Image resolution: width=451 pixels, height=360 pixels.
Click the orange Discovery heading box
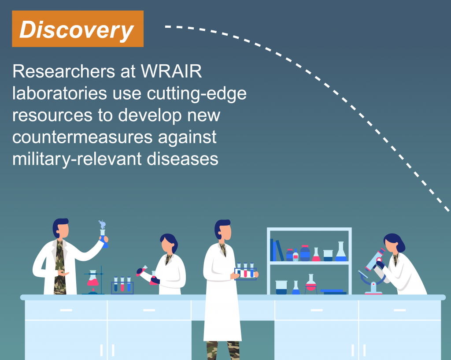pyautogui.click(x=78, y=29)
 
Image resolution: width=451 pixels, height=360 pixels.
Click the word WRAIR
pyautogui.click(x=171, y=71)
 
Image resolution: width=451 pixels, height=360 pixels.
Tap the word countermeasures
pyautogui.click(x=82, y=137)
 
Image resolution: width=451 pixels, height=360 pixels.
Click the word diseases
pyautogui.click(x=182, y=159)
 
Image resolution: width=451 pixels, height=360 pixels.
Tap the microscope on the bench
pyautogui.click(x=372, y=271)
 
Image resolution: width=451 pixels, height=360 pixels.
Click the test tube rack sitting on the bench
pyautogui.click(x=122, y=285)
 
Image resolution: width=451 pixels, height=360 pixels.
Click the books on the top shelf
pyautogui.click(x=277, y=250)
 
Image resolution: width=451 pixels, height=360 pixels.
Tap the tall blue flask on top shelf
pyautogui.click(x=341, y=252)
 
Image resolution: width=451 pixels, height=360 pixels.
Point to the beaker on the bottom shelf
pyautogui.click(x=281, y=287)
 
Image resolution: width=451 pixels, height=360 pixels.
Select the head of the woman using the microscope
pyautogui.click(x=393, y=243)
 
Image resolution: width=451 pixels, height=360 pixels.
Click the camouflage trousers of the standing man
pyautogui.click(x=223, y=350)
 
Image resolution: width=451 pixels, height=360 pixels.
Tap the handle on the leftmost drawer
pyautogui.click(x=66, y=310)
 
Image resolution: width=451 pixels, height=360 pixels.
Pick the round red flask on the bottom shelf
pyautogui.click(x=311, y=284)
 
